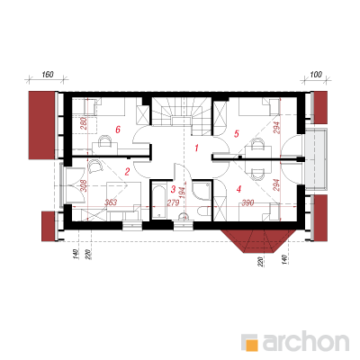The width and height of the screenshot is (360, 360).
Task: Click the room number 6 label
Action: point(118,130)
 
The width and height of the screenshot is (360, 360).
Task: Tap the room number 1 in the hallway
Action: point(196,148)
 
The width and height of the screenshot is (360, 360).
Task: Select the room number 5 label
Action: point(237,133)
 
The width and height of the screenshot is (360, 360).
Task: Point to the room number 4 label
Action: point(238,189)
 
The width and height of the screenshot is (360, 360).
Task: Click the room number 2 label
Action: point(127,172)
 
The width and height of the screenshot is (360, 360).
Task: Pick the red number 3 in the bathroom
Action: point(173,189)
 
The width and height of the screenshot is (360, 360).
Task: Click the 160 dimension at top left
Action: point(48,74)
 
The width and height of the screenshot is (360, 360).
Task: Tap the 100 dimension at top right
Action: point(316,74)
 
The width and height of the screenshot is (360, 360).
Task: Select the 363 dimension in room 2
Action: point(111,202)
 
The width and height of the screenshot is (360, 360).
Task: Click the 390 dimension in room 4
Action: point(248,202)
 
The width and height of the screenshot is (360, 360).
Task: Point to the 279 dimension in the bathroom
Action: point(173,202)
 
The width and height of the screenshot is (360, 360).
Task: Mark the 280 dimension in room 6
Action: point(84,123)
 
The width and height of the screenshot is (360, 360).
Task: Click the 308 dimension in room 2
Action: point(84,185)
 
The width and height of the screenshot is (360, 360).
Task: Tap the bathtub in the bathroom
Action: point(158,202)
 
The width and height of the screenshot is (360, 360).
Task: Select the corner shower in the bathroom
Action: point(202,191)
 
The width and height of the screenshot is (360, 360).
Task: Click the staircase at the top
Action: point(181,115)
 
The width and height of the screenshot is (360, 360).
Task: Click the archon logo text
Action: point(306,341)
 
